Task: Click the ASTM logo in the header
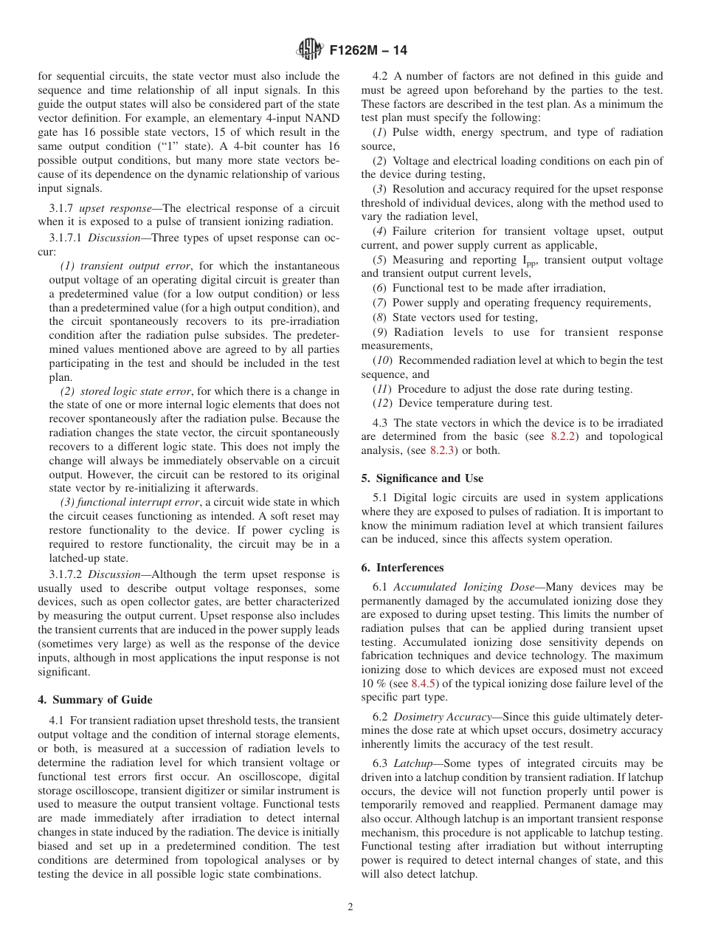click(309, 50)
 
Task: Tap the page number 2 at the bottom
click(350, 907)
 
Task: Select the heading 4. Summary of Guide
click(95, 700)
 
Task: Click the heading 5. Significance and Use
click(422, 478)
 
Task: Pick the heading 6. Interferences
click(402, 568)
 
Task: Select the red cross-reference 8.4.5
click(424, 684)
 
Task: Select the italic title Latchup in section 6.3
click(412, 763)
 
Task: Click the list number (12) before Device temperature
click(383, 403)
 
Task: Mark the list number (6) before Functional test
click(380, 288)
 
